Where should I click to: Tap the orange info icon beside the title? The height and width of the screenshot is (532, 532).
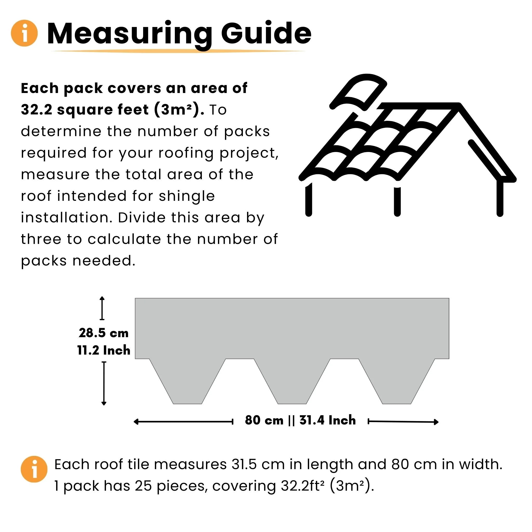[24, 33]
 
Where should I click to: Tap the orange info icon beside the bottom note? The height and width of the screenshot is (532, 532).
[34, 469]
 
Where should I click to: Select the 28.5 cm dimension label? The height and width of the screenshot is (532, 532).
[104, 333]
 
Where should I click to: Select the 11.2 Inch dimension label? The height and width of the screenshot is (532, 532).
[104, 350]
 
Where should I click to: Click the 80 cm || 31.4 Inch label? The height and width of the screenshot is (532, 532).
[300, 421]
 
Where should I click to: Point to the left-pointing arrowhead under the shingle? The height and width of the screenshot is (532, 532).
[136, 422]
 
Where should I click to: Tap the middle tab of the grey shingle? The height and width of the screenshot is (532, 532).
[292, 385]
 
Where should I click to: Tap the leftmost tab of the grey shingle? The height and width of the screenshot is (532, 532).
[188, 385]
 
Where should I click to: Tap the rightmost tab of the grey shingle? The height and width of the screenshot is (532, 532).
[396, 385]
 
